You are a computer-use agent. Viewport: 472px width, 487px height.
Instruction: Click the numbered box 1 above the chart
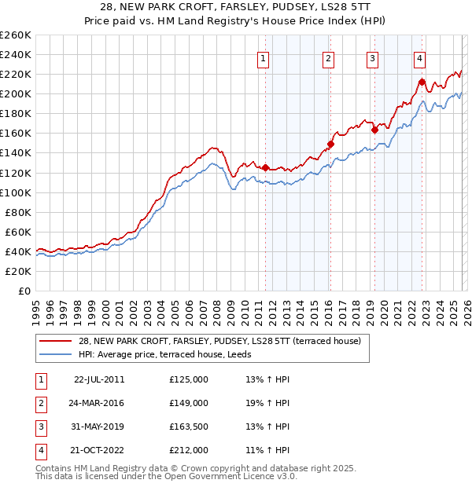pos(262,57)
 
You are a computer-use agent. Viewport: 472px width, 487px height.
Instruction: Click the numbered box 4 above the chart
pos(420,57)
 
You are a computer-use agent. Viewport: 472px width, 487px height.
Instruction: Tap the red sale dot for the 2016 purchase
pos(331,144)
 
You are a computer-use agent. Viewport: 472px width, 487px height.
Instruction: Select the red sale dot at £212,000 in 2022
pos(422,82)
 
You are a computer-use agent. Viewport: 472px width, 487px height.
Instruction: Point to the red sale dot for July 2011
pos(265,167)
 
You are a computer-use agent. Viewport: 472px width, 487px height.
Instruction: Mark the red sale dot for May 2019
pos(374,130)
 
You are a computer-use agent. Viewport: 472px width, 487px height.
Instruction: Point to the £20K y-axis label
pos(18,271)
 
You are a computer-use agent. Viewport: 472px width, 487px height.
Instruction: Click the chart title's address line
pos(235,7)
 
